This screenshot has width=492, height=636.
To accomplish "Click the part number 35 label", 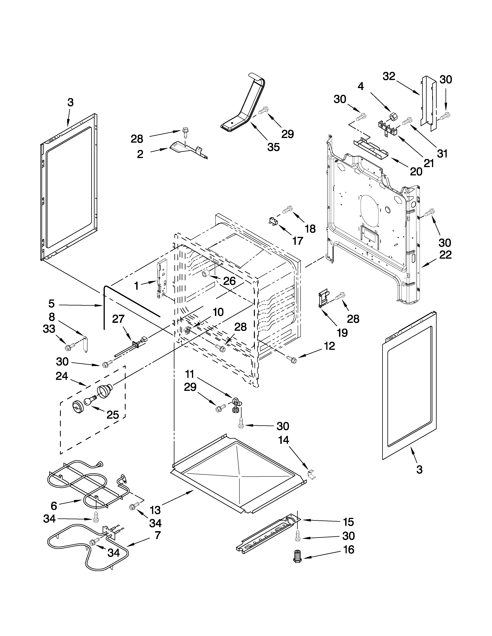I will coord(273,147).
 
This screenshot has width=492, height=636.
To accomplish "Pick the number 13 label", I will coord(155,510).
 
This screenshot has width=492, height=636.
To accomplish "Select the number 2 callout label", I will coord(140,154).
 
